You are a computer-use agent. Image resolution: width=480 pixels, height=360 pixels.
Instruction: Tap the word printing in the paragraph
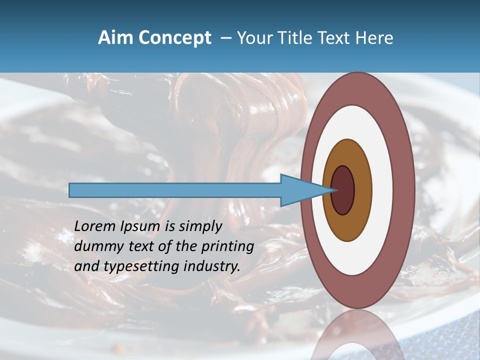[227, 246]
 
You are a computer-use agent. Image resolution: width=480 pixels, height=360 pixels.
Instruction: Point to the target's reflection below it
[357, 335]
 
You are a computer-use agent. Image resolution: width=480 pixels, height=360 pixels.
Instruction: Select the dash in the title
[225, 38]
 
